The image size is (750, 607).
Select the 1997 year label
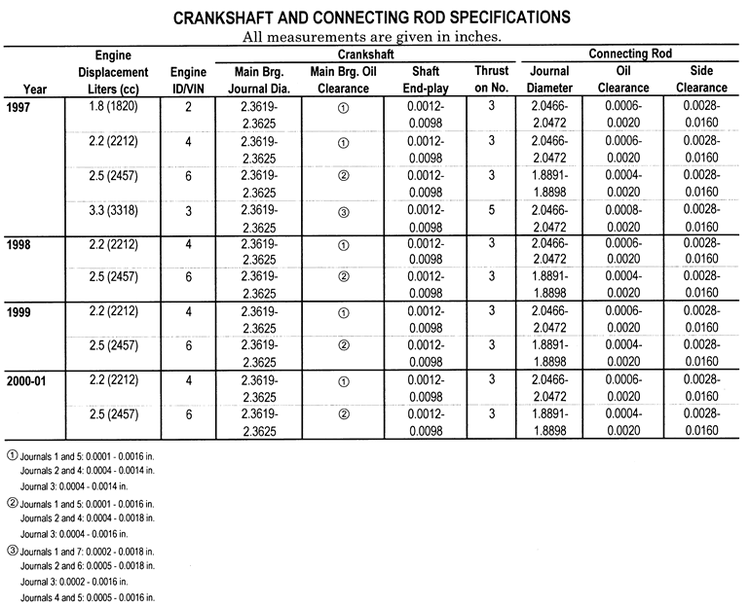19,105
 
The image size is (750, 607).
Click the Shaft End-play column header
426,79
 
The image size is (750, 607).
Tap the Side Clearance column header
699,79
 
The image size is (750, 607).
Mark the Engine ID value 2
187,105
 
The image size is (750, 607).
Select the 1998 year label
19,242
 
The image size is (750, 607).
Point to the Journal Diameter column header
550,79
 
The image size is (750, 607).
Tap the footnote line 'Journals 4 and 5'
87,596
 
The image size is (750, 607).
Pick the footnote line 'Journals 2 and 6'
87,565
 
